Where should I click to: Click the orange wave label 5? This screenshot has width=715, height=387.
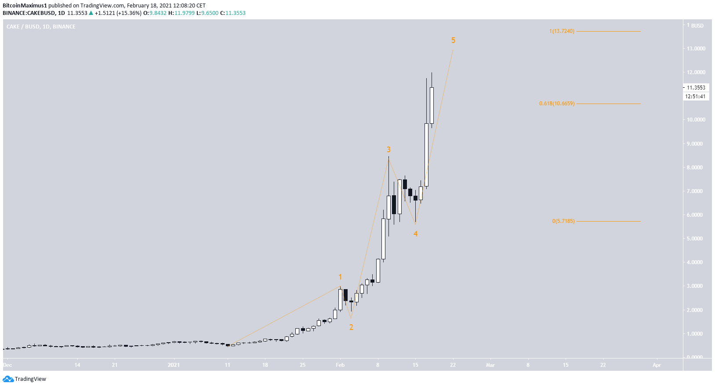coord(453,40)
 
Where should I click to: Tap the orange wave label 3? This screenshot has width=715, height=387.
coord(388,150)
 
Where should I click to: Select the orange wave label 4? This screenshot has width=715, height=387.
coord(415,234)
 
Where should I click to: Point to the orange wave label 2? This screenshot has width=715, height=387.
coord(351,327)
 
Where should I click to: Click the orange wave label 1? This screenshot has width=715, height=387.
coord(340,277)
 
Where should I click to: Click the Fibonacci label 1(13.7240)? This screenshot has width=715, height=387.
coord(562,31)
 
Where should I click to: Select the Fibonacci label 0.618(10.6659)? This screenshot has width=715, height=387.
coord(557,104)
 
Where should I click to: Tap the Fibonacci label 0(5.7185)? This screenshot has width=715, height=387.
coord(563,221)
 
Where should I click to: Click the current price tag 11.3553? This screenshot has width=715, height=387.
coord(696,87)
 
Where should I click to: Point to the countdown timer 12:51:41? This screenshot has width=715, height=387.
coord(696,97)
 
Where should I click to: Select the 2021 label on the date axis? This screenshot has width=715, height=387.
coord(174,365)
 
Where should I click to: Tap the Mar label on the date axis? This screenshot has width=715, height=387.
coord(490,365)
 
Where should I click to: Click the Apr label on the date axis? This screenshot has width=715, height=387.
coord(657,365)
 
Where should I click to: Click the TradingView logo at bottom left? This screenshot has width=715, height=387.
coord(25,379)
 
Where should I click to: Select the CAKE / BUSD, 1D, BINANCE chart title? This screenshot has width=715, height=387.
coord(41,27)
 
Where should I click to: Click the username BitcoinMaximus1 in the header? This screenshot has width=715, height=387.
coord(25,6)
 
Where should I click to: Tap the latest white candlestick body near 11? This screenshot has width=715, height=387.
coord(432,105)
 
